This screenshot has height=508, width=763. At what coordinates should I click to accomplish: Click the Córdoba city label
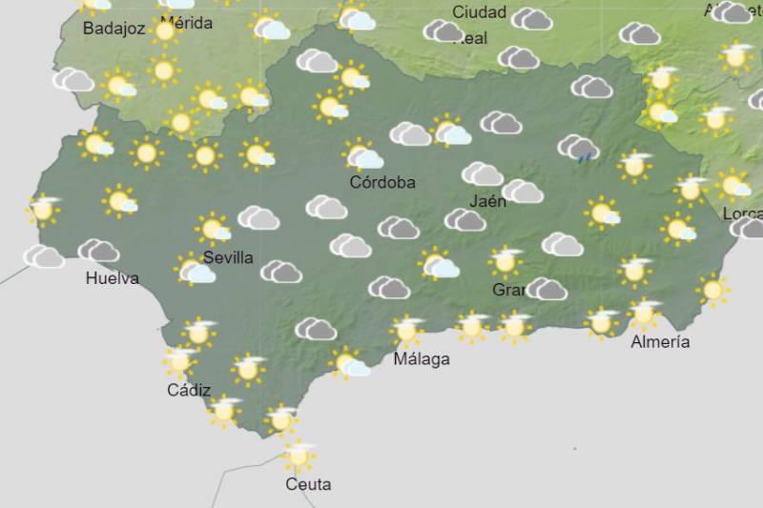point(382,183)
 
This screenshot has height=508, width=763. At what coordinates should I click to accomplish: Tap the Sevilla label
point(228,257)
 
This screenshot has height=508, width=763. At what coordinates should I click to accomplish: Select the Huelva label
point(112,278)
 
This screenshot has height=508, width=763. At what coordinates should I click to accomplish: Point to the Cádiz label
point(189,389)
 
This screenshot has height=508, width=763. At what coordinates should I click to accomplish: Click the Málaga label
point(422,359)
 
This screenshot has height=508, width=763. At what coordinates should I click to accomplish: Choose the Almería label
point(660,341)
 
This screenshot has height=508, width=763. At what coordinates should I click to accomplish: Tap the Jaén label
point(488,201)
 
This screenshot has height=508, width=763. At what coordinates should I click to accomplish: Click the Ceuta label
point(309,484)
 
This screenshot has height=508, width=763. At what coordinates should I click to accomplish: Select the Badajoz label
point(113,29)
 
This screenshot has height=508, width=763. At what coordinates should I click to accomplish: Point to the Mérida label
point(186,23)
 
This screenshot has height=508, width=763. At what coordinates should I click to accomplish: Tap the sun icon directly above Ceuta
point(299,457)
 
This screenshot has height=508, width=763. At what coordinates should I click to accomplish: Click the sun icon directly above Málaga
point(407,331)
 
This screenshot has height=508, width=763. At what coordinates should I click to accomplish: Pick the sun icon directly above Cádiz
point(178,361)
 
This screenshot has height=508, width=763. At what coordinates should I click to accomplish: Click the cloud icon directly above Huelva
point(98,251)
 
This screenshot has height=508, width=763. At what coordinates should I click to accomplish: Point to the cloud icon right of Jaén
point(523,192)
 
